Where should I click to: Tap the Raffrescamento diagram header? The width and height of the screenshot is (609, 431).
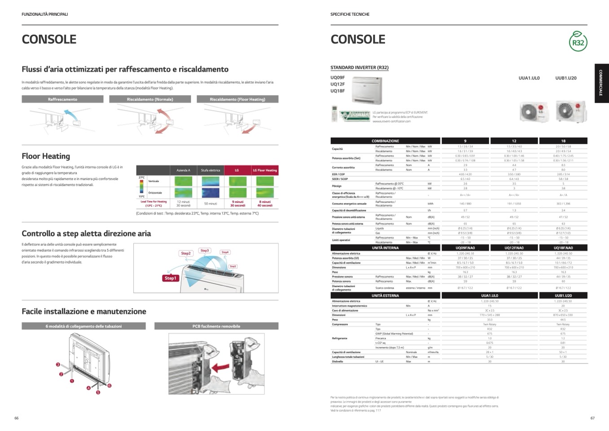click(x=62, y=99)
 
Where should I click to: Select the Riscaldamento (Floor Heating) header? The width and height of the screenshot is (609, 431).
click(x=237, y=99)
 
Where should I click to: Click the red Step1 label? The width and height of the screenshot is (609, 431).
click(x=170, y=278)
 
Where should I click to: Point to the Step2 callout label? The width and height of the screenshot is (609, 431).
click(x=185, y=253)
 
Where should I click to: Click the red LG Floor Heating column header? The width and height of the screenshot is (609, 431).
click(x=265, y=170)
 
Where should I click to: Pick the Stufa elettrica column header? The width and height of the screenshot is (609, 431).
click(x=210, y=170)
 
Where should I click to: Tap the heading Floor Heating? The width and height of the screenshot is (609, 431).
click(x=46, y=156)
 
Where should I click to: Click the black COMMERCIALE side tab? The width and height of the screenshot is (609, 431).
click(x=601, y=83)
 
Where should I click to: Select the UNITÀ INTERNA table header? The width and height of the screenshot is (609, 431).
click(x=385, y=248)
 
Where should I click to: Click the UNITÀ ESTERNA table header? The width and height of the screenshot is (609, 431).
click(x=385, y=296)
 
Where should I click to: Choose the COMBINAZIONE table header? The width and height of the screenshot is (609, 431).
click(x=385, y=141)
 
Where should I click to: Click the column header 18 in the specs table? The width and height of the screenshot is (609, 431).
click(x=563, y=141)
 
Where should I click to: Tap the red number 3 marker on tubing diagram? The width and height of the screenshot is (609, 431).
click(x=58, y=364)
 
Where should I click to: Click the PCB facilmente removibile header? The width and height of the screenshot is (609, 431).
click(x=216, y=326)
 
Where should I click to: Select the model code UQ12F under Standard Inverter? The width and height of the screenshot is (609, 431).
click(x=338, y=84)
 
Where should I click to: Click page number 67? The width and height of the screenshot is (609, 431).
click(x=592, y=418)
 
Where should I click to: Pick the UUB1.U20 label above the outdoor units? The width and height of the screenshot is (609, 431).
click(x=565, y=78)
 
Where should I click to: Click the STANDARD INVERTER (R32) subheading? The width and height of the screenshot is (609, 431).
click(x=359, y=68)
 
